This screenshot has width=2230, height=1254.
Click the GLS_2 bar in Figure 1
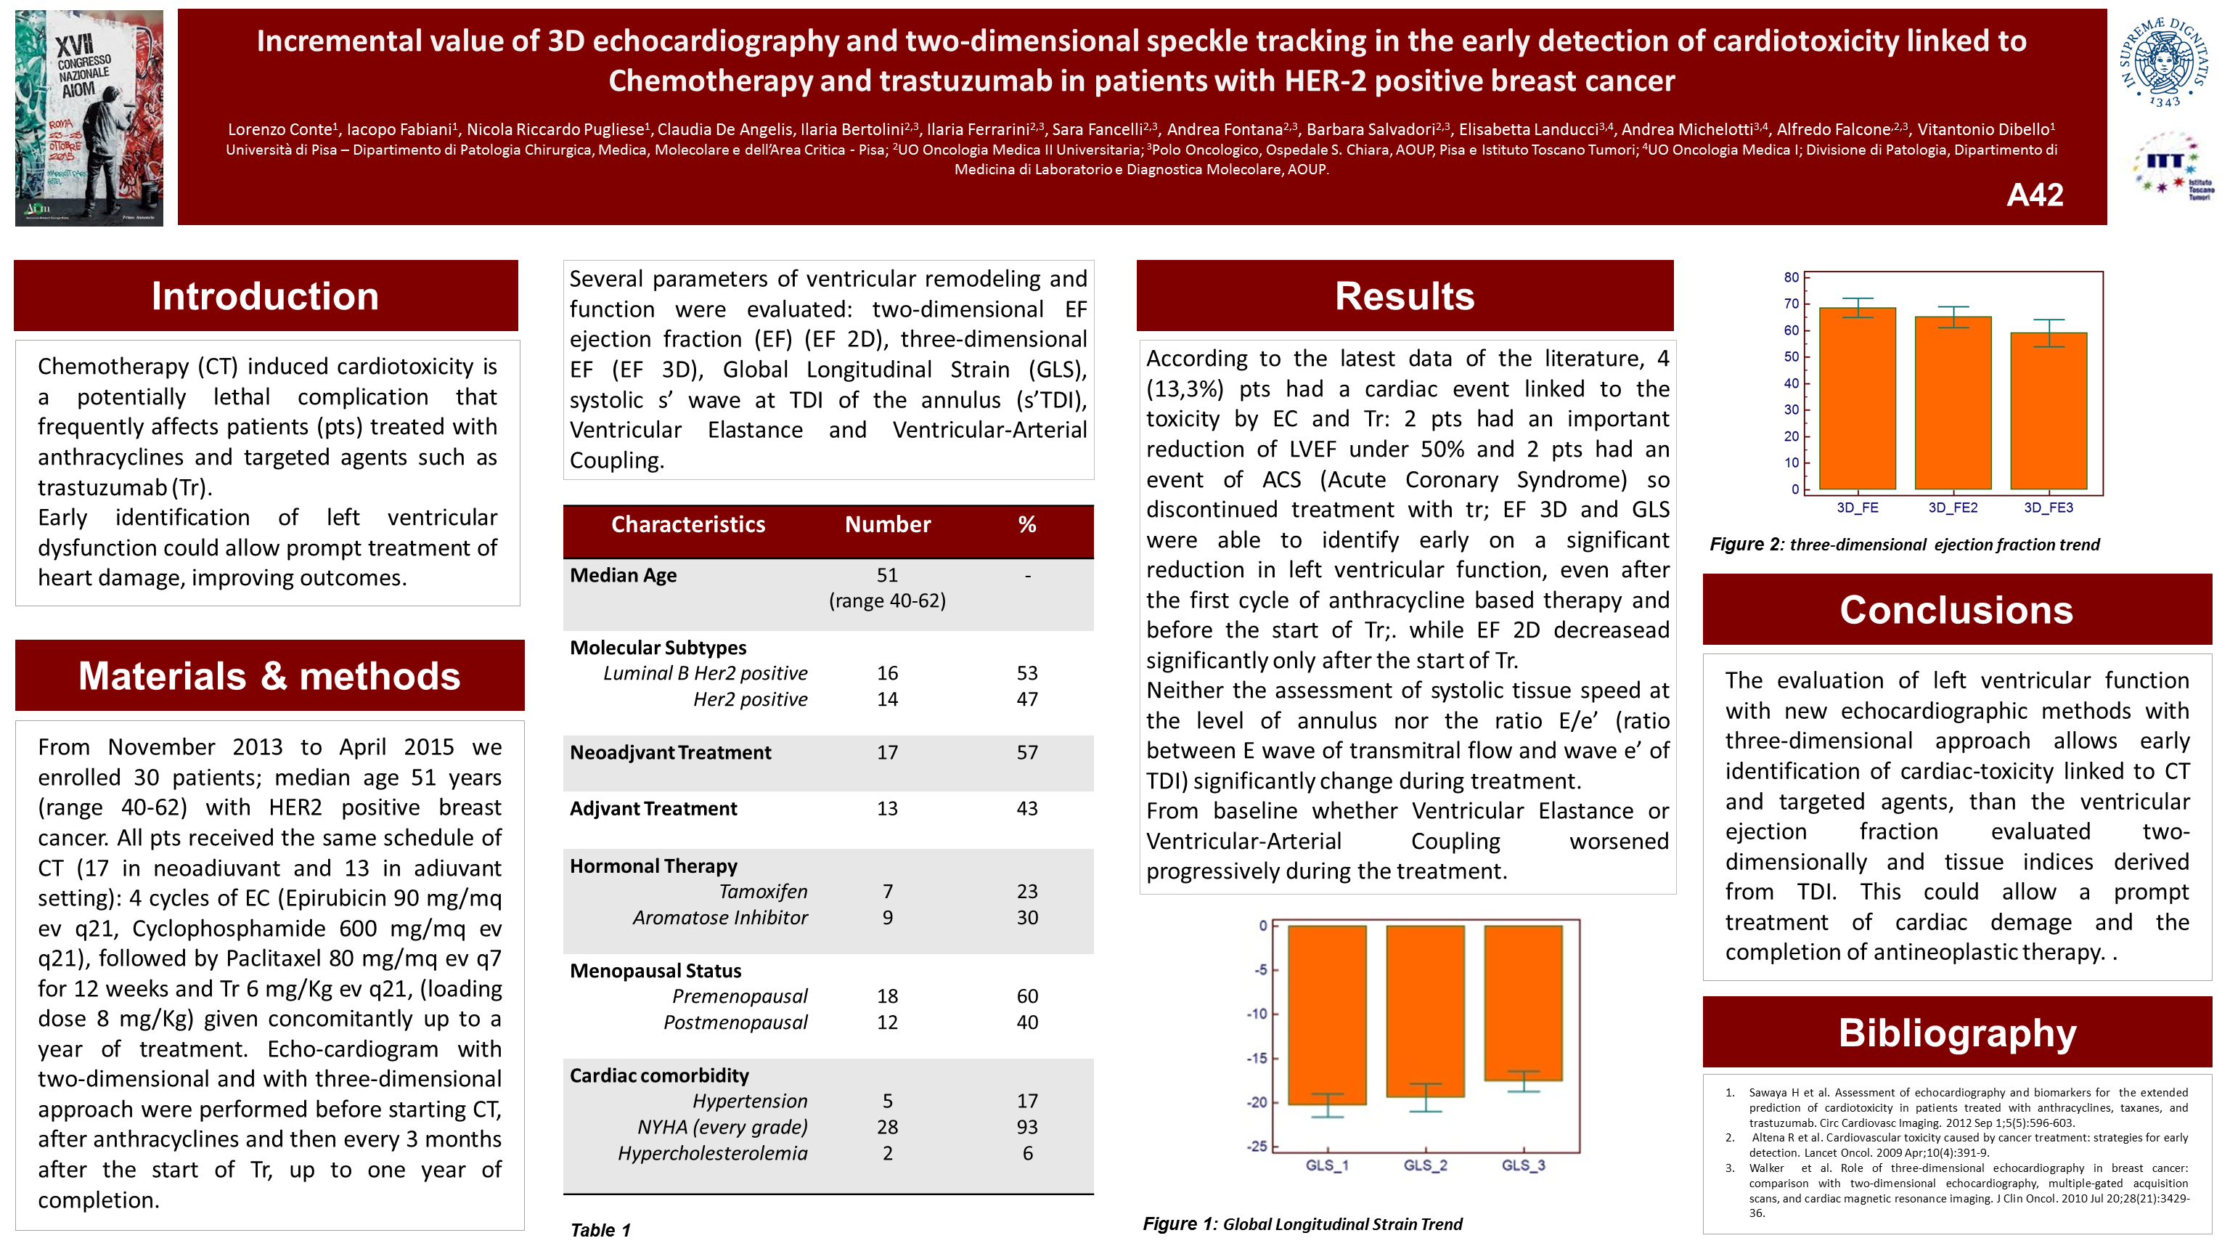point(1425,1011)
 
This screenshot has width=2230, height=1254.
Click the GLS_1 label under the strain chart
point(1327,1165)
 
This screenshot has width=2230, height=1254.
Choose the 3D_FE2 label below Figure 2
point(1953,508)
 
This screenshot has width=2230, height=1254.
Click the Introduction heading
point(265,296)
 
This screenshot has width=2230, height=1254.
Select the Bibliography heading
point(1956,1033)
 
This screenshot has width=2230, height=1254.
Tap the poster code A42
point(2034,195)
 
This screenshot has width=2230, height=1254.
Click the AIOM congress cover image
point(89,118)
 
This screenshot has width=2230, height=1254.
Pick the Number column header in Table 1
point(887,525)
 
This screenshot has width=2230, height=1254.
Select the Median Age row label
point(624,576)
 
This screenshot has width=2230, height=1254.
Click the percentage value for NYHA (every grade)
point(1026,1128)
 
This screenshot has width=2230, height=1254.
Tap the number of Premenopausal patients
point(887,997)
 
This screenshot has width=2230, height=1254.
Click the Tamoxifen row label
point(763,892)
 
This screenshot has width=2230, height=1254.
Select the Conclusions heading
point(1956,611)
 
